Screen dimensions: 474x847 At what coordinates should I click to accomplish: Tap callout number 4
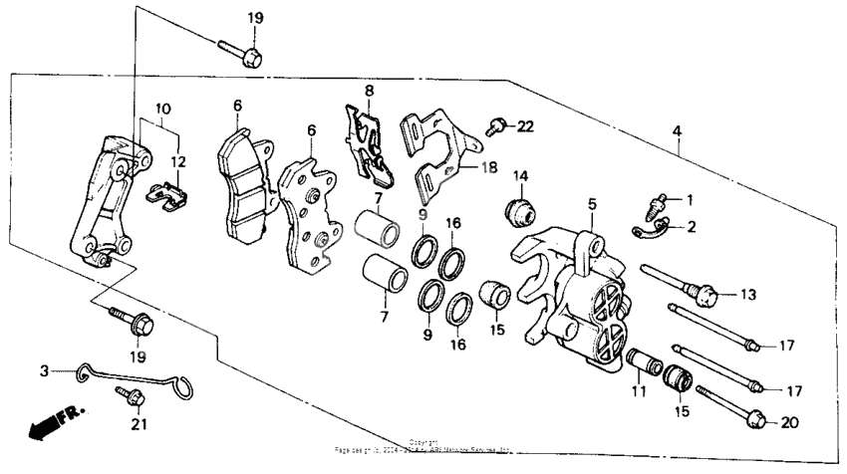(677, 130)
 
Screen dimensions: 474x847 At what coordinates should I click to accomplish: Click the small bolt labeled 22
(493, 126)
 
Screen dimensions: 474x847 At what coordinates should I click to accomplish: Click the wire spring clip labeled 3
(130, 379)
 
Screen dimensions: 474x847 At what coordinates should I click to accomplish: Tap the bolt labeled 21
(131, 396)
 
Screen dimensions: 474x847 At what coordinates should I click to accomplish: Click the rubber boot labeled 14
(519, 210)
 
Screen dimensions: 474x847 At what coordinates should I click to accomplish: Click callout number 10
(162, 108)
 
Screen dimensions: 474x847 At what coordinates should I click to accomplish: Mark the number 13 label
(748, 295)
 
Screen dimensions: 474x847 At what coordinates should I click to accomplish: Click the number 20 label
(789, 423)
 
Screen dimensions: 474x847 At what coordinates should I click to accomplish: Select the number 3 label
(44, 370)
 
